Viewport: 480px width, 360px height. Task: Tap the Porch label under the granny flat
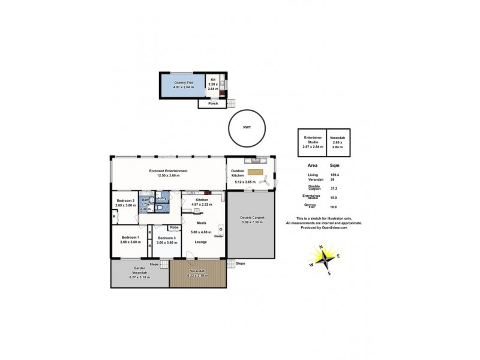(x=212, y=103)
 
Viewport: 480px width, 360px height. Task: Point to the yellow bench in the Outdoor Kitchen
(x=255, y=172)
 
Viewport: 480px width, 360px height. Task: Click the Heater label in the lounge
(x=220, y=236)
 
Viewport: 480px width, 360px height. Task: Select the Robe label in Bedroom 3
(x=173, y=227)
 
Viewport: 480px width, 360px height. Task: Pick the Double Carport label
(x=251, y=218)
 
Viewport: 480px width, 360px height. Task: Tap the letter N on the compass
(x=321, y=248)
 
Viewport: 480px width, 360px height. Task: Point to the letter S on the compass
(x=329, y=274)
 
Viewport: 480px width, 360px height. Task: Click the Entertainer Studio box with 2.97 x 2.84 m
(x=312, y=142)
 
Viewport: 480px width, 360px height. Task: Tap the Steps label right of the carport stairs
(x=241, y=263)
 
